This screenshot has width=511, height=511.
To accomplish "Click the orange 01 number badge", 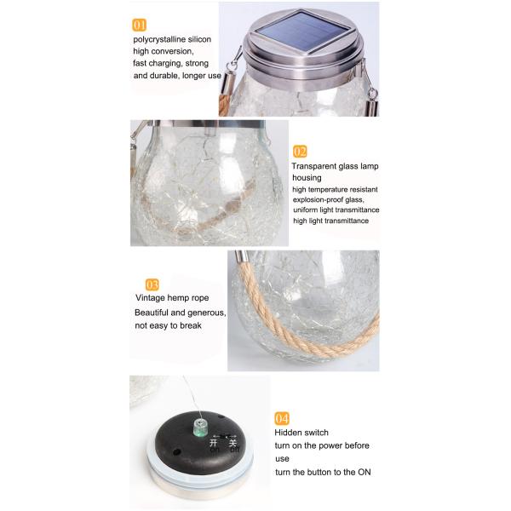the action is [139, 25].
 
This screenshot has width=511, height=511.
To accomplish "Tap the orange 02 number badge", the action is [300, 152].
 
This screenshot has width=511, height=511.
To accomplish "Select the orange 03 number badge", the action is [152, 284].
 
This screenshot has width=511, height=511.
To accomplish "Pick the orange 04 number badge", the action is [282, 418].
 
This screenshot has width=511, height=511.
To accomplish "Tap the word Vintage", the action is [150, 298].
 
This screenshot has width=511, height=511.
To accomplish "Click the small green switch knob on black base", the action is [201, 428].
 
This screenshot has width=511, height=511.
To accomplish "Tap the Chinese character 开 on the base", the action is [214, 443].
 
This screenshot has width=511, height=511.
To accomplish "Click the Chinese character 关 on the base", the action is [233, 443].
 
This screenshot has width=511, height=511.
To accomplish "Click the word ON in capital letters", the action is [365, 472].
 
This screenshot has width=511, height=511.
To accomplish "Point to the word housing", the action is [307, 178].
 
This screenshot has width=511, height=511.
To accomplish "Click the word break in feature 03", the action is [191, 325].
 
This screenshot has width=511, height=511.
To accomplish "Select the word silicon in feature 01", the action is [198, 39].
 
